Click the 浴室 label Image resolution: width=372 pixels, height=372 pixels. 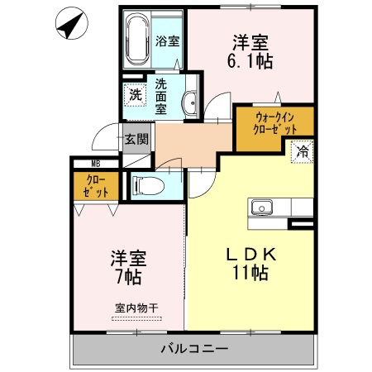(x=168, y=40)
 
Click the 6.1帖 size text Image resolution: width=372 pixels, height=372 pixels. (x=250, y=60)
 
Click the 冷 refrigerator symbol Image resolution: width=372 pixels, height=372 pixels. (x=303, y=152)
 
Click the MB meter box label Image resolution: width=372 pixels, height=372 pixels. (x=95, y=165)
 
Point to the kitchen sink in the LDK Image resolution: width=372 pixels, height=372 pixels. (x=265, y=207)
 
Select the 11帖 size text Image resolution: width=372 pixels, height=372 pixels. (x=248, y=274)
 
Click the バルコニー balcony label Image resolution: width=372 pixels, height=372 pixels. (x=193, y=349)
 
